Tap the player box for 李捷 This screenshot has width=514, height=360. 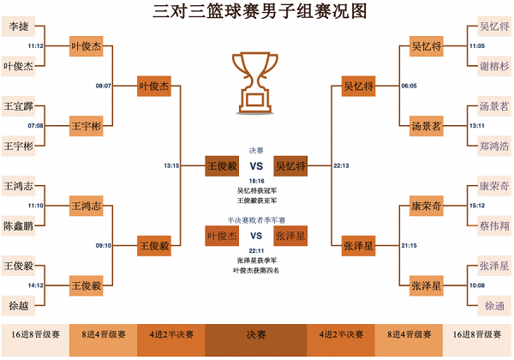[19, 26]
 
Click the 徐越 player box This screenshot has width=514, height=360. [19, 305]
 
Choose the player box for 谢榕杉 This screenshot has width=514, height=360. [493, 65]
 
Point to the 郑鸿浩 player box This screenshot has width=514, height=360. [493, 146]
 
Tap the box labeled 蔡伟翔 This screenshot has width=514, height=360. [493, 226]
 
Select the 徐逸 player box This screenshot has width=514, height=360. [493, 305]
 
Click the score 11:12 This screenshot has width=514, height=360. [36, 46]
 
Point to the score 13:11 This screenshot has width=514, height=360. [476, 126]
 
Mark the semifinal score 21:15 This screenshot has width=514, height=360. [409, 246]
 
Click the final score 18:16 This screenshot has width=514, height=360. [256, 181]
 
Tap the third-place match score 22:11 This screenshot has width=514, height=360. [256, 250]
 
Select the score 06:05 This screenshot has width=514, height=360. [409, 86]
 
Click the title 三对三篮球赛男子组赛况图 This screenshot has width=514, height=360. [256, 11]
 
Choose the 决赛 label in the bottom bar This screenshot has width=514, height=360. [256, 334]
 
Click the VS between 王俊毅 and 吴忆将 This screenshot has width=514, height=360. [256, 166]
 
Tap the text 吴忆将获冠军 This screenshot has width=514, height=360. [256, 190]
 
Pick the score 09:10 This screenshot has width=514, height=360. [104, 246]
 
